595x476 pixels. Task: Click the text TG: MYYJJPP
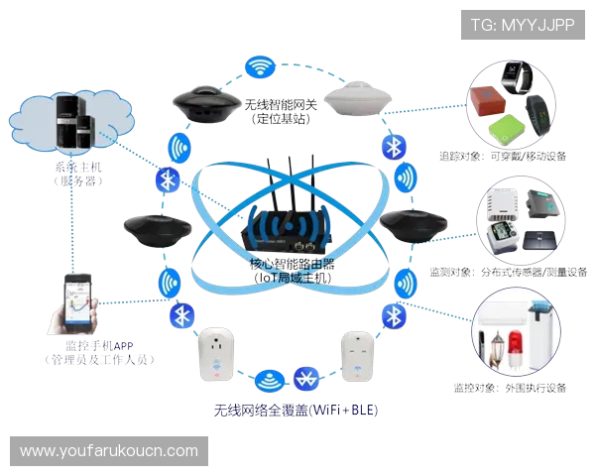pos(523,24)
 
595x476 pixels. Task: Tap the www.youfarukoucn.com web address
pos(109,451)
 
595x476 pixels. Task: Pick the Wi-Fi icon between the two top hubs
pos(260,67)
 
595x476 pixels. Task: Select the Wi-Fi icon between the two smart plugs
pos(266,379)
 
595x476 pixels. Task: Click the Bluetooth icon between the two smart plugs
pos(308,378)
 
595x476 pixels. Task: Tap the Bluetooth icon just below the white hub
pos(392,147)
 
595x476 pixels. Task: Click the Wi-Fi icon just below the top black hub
pos(179,149)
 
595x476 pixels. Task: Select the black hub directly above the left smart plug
pos(155,230)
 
